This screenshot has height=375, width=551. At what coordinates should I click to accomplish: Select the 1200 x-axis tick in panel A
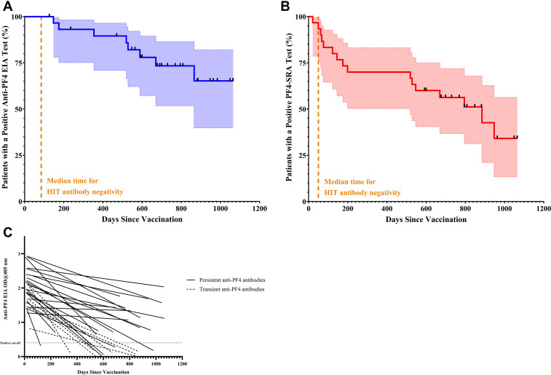tap(258, 208)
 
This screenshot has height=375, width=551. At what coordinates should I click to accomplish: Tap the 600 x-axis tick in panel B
tap(425, 208)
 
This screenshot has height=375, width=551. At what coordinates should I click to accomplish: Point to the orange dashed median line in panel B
tap(318, 109)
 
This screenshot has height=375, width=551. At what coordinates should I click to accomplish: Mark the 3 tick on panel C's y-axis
tap(20, 253)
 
